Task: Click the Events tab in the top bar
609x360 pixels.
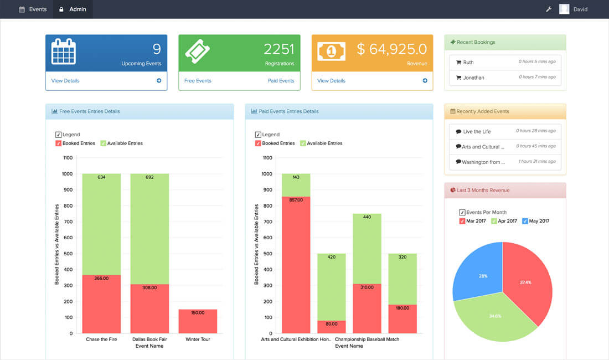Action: [x=33, y=9]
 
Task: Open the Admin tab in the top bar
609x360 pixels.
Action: [x=73, y=9]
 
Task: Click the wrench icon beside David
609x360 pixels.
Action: [x=549, y=9]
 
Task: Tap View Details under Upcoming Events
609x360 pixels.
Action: [x=65, y=81]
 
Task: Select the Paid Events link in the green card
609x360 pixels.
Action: [x=281, y=81]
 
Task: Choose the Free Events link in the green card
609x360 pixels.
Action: [x=198, y=81]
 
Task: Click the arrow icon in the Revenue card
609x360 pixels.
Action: [x=425, y=81]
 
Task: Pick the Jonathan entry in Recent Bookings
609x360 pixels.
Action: [x=473, y=78]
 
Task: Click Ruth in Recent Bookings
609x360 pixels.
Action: [x=468, y=62]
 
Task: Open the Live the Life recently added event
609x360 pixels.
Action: [x=477, y=131]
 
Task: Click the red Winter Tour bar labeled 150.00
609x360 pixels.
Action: [x=198, y=321]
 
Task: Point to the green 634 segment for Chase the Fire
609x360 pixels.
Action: [x=101, y=224]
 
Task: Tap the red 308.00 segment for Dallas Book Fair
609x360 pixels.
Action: [x=149, y=308]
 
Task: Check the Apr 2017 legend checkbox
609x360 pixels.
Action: [x=494, y=221]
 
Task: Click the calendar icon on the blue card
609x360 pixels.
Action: [x=64, y=51]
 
